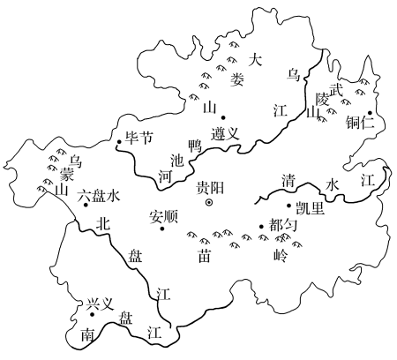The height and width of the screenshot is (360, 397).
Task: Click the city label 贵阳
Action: coord(210,188)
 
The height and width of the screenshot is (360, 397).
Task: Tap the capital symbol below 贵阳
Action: coord(209,202)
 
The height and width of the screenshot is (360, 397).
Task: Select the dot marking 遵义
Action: coord(223,117)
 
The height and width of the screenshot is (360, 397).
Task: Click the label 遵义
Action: coord(225,134)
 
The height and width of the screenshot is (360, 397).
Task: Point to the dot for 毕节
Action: coord(119,142)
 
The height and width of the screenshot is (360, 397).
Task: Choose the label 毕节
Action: coord(139,137)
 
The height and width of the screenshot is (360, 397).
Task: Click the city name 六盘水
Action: coord(99,196)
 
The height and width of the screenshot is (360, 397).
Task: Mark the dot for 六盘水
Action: coord(86,205)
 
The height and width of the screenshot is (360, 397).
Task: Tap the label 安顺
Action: coord(164,217)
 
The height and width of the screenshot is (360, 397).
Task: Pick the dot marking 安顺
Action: coord(162,229)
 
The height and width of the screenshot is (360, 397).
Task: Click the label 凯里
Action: coord(310,209)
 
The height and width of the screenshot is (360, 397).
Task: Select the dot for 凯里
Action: coord(288,206)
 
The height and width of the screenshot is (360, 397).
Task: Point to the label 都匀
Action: coord(283,226)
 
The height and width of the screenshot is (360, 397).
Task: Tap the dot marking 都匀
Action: coord(261,227)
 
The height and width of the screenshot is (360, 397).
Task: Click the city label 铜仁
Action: coord(360,122)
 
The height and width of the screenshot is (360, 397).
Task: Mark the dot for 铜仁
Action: coord(370,113)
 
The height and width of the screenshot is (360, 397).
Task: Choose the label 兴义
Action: coord(100,304)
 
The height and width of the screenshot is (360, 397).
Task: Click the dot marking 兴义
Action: coord(92,314)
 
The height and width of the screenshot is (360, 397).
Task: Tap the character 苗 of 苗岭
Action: coord(204,256)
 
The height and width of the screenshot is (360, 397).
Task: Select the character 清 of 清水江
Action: coord(288,180)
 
